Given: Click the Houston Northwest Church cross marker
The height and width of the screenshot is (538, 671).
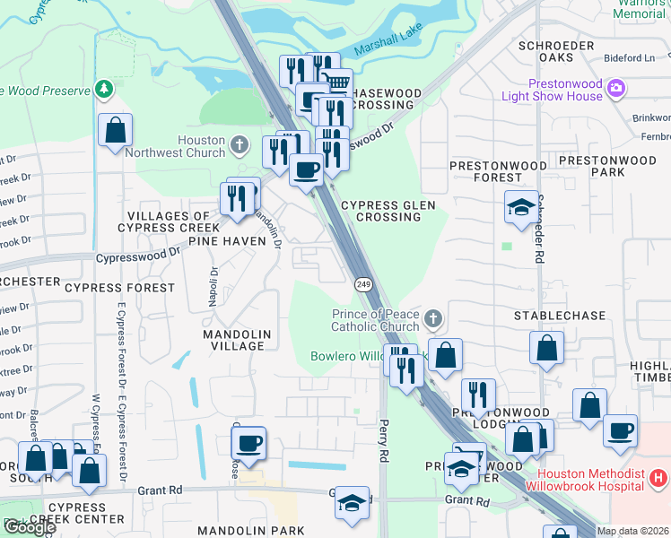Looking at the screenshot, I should (x=239, y=144).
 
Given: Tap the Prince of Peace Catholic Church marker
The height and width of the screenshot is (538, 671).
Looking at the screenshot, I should (x=432, y=318).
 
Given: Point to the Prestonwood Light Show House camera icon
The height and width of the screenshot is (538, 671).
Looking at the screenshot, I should (x=615, y=89).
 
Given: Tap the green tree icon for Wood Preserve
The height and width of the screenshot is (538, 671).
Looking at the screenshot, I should (x=105, y=90).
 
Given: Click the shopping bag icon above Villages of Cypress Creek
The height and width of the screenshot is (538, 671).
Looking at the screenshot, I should (x=116, y=131).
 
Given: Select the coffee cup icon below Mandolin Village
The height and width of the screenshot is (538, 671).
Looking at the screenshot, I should (x=248, y=443).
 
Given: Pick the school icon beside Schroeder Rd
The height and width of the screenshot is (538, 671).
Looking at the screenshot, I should (x=521, y=208).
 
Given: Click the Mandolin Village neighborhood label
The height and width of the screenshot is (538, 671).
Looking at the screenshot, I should (x=233, y=340).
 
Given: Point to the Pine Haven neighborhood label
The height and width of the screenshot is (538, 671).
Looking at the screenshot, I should (x=227, y=241).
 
